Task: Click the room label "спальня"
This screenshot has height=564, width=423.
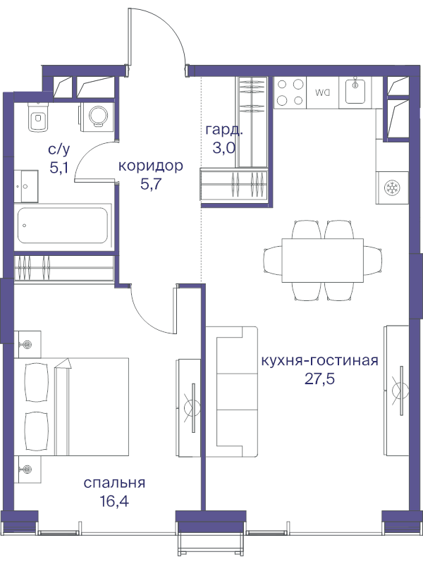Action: (114, 483)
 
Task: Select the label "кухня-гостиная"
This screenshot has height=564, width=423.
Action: (319, 360)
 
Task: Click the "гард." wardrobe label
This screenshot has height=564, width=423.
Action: (225, 130)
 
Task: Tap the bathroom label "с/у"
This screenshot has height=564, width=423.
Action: (59, 149)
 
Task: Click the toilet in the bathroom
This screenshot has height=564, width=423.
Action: (37, 118)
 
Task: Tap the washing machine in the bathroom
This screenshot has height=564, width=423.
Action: (97, 115)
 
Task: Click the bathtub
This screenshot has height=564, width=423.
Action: (63, 226)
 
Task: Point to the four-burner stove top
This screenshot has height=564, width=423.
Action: (290, 92)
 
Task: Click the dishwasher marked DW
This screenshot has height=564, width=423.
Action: (323, 92)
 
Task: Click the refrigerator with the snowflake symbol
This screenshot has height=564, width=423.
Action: (391, 188)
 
